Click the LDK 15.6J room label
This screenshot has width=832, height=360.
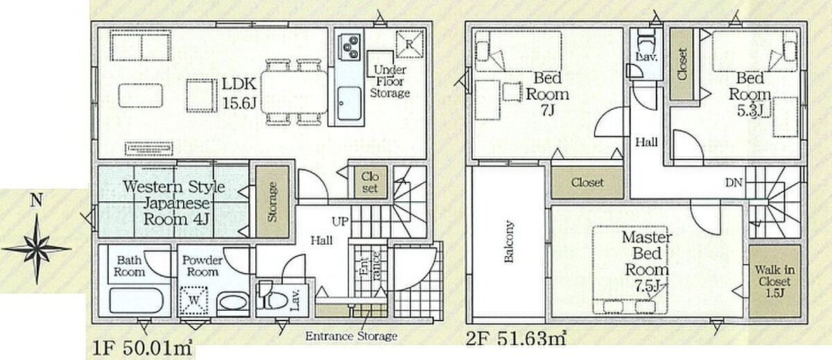tap(240, 94)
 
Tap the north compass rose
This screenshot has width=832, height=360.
tap(37, 249)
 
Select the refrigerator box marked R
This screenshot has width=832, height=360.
tap(410, 44)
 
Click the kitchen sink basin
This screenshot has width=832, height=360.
tap(349, 103)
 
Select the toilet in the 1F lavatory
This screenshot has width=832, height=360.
tap(271, 296)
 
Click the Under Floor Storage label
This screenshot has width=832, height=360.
tap(390, 81)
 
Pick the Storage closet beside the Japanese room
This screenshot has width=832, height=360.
tap(272, 202)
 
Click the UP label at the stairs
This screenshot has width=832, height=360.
tap(340, 222)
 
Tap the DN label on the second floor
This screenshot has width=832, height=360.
tap(734, 182)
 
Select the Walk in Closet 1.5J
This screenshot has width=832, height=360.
tap(775, 281)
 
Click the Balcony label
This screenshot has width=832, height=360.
tap(508, 242)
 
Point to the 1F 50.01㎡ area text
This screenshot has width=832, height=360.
tap(142, 348)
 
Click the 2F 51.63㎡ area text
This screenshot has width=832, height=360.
tap(517, 338)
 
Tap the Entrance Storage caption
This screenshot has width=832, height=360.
tap(351, 336)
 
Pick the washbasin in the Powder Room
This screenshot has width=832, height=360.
tap(232, 302)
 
